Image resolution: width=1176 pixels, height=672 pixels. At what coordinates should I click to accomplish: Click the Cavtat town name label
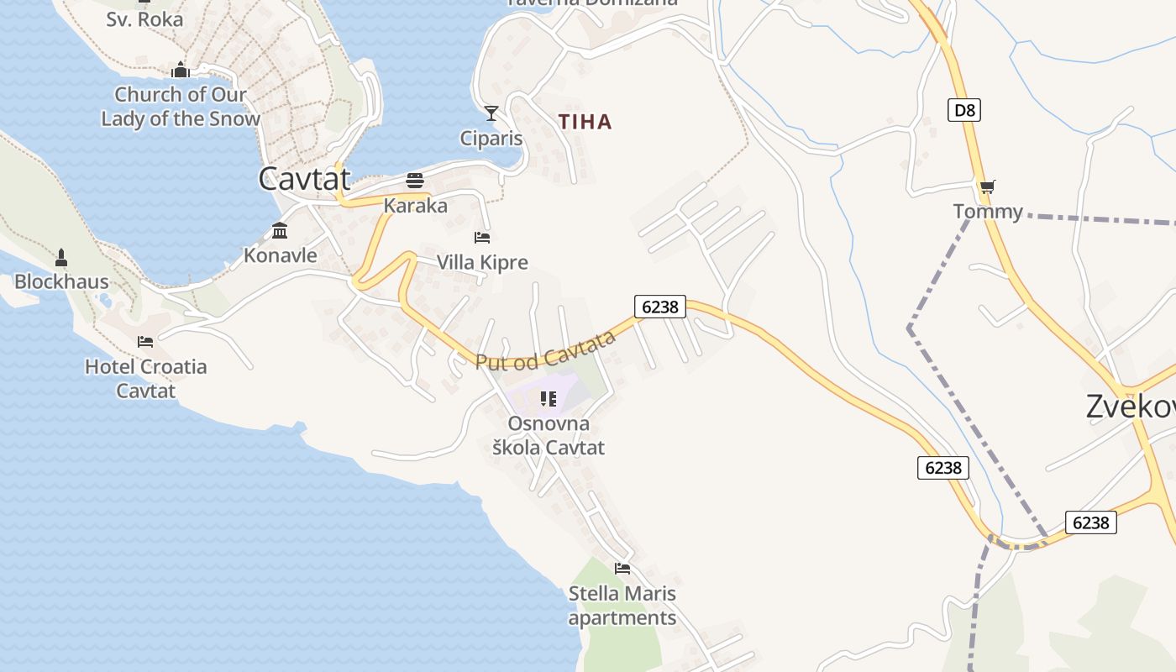tap(304, 178)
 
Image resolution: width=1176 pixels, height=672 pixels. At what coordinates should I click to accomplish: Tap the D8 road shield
tap(965, 110)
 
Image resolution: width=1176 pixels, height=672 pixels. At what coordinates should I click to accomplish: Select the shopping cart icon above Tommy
tap(987, 186)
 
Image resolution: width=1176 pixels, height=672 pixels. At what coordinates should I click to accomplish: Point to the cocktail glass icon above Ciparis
tap(491, 113)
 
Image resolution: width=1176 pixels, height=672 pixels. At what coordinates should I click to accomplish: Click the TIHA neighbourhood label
tap(585, 122)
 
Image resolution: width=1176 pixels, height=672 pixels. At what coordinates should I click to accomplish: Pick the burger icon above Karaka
tap(415, 181)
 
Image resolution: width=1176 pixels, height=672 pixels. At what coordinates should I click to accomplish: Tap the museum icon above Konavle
tap(280, 230)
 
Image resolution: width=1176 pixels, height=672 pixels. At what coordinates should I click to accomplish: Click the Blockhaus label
tap(61, 281)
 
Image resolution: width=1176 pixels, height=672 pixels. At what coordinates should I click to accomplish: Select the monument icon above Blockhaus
tap(61, 256)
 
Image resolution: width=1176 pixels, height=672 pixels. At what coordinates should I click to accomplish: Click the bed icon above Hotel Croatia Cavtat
tap(145, 342)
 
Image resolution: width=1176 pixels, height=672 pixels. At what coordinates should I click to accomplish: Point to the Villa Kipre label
tap(482, 263)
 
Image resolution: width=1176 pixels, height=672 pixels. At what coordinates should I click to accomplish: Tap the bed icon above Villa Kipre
tap(482, 238)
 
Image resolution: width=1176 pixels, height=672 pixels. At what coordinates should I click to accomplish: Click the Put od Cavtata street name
tap(546, 350)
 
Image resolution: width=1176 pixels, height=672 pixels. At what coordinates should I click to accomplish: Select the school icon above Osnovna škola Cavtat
tap(549, 399)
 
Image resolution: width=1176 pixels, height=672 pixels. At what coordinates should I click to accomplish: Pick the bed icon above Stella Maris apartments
tap(622, 569)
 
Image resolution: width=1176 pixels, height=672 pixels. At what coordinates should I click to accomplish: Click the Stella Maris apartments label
tap(622, 606)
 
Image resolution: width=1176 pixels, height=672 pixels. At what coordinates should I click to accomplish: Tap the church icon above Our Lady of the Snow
tap(181, 70)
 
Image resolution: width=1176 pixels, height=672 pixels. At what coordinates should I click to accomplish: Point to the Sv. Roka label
tap(144, 18)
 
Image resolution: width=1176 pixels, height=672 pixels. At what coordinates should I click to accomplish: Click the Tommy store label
tap(988, 212)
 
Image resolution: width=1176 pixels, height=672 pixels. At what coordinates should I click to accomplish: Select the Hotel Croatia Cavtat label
tap(146, 379)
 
